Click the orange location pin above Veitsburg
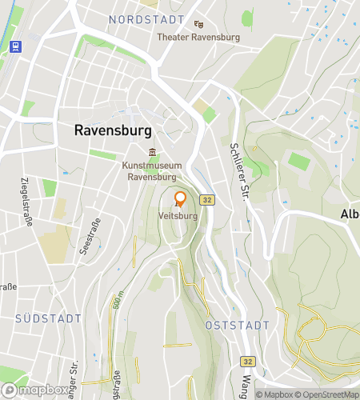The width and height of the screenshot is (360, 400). click(180, 200)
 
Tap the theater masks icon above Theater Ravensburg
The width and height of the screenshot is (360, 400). click(198, 25)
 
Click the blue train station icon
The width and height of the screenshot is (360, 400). click(15, 46)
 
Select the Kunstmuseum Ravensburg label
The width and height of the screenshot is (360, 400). click(152, 171)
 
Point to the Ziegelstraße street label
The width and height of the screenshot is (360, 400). click(25, 202)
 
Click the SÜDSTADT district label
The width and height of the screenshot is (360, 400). click(48, 318)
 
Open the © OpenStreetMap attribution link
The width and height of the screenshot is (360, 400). click(328, 394)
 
